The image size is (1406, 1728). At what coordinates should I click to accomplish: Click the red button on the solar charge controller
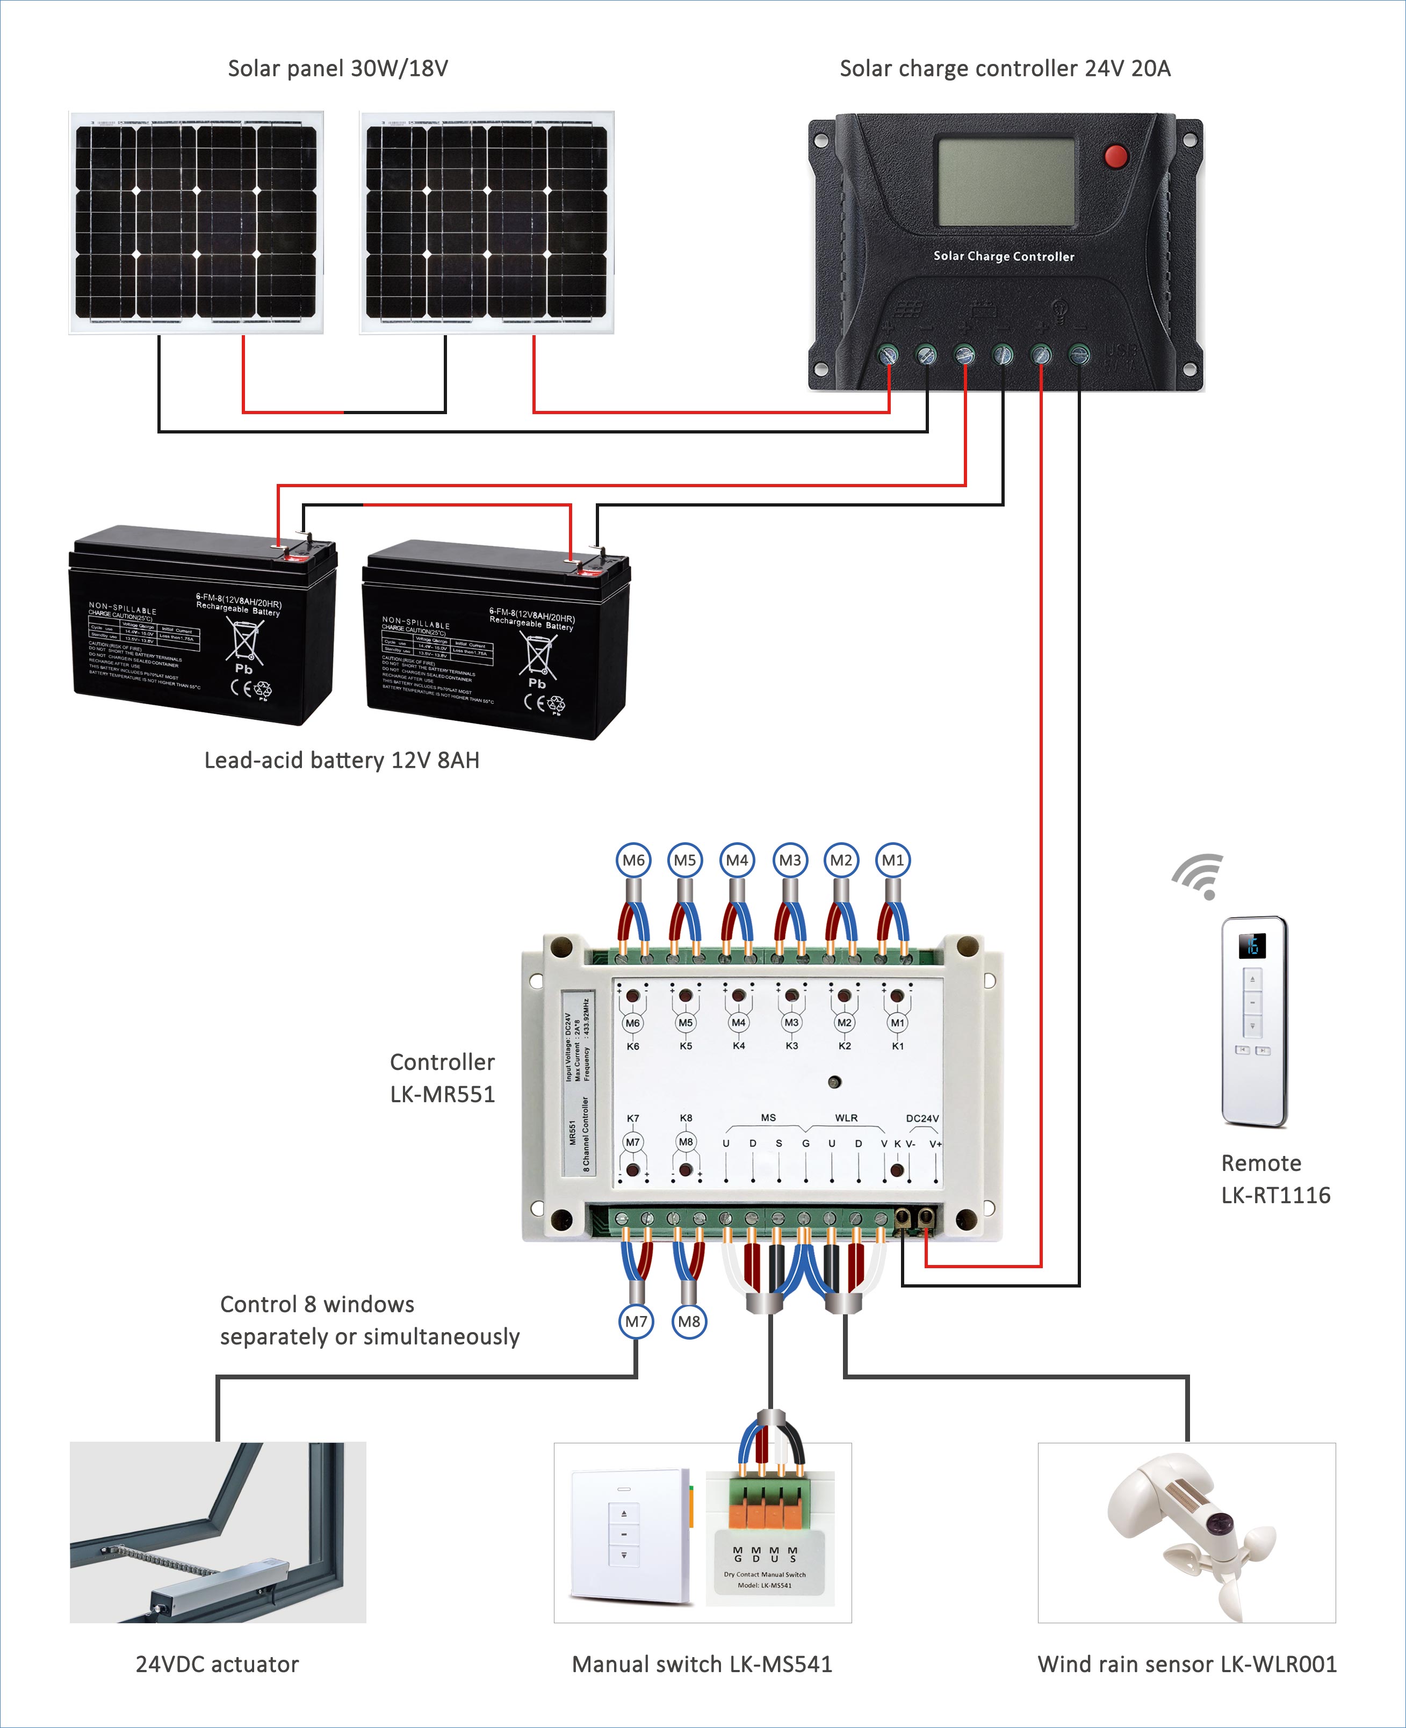pos(1116,155)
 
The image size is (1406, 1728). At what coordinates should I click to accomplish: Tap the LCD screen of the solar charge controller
pos(1006,182)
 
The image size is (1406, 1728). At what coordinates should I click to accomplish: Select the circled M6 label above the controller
pos(633,860)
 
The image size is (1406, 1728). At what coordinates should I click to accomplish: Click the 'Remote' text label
pos(1261,1163)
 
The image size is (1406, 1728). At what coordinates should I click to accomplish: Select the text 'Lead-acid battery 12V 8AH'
pos(342,761)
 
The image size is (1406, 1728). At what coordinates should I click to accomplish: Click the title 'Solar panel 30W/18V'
pos(338,69)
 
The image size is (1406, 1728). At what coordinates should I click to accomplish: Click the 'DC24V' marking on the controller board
pos(922,1118)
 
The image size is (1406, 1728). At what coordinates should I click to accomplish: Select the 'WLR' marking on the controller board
pos(846,1117)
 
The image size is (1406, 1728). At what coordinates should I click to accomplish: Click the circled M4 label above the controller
pos(737,860)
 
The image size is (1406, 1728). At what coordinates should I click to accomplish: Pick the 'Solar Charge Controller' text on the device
pos(1004,256)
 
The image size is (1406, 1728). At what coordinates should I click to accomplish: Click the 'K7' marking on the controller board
pos(632,1118)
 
